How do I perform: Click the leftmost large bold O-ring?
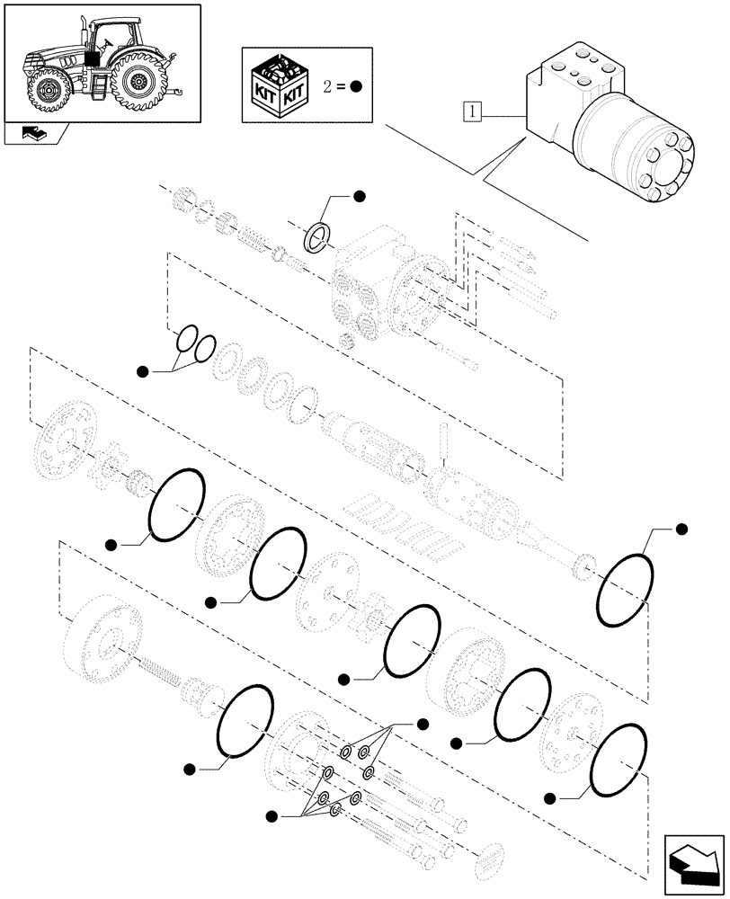tap(177, 505)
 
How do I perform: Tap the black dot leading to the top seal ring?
tap(359, 196)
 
